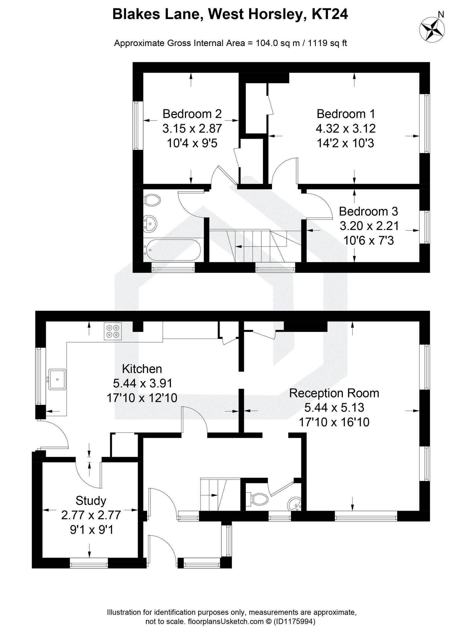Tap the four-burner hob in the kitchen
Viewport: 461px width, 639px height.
[x=113, y=331]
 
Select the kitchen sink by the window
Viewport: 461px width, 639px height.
[x=58, y=379]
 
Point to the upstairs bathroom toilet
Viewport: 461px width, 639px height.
[x=152, y=200]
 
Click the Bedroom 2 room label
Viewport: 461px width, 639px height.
[x=192, y=114]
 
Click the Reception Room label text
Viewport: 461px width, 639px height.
[x=334, y=393]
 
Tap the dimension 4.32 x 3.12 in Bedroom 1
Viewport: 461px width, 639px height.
[x=345, y=128]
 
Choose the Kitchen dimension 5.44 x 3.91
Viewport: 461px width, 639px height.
[x=143, y=383]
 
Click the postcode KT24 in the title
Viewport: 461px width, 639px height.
[x=330, y=14]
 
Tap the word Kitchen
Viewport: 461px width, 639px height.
[x=142, y=369]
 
